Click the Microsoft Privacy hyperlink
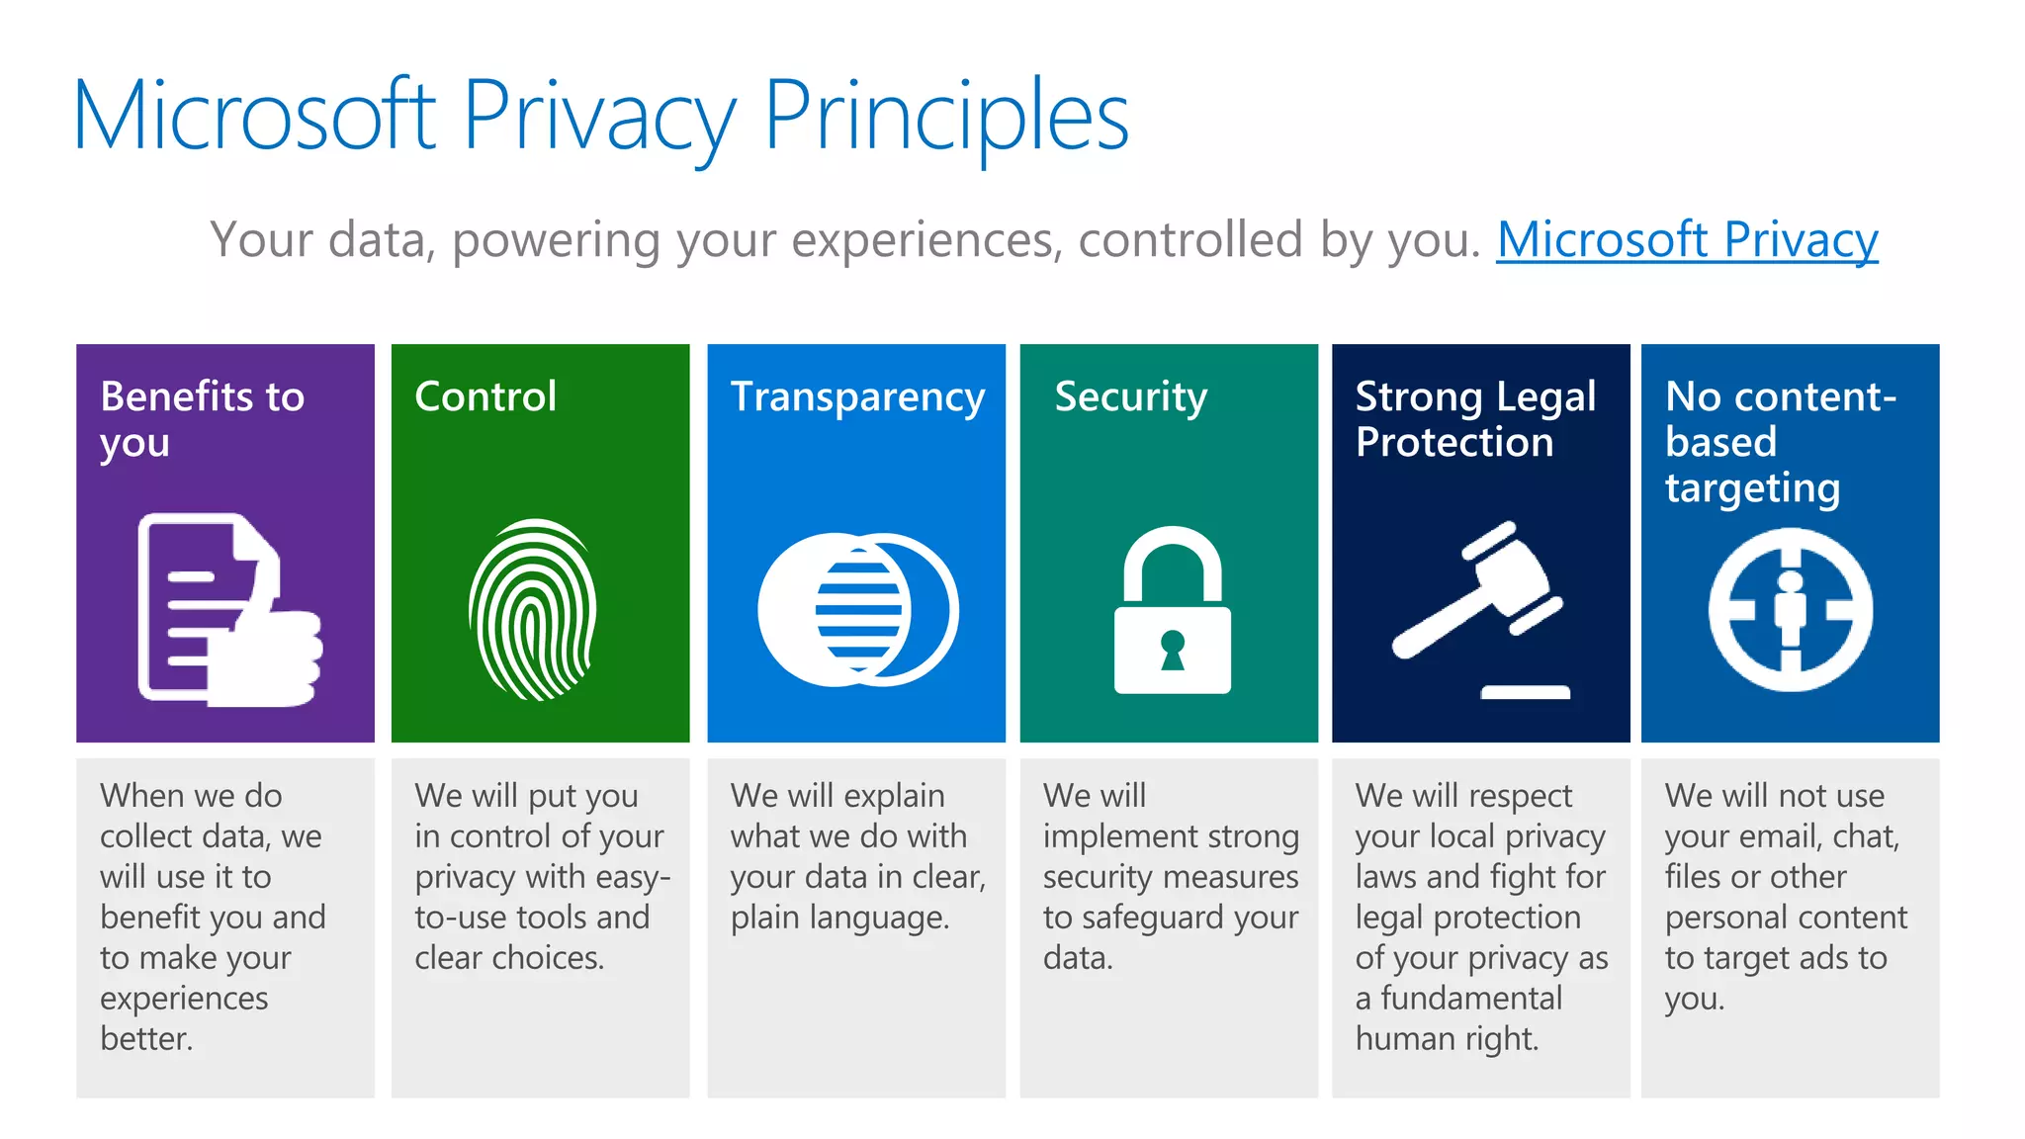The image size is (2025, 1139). click(x=1687, y=240)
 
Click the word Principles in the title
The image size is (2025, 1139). click(x=946, y=118)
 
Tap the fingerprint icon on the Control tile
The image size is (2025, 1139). click(x=534, y=609)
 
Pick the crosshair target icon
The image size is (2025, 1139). click(x=1790, y=609)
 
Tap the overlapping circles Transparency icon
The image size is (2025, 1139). click(x=857, y=609)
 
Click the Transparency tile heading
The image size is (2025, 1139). click(x=857, y=397)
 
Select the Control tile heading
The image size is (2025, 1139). click(x=485, y=396)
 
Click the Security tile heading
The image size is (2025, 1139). click(x=1130, y=397)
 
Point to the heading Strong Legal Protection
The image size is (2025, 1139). click(x=1475, y=419)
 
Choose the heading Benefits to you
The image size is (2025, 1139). click(x=202, y=419)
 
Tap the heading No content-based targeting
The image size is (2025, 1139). click(x=1780, y=442)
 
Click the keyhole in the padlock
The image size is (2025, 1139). click(x=1173, y=650)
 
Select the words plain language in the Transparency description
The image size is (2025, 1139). click(x=839, y=919)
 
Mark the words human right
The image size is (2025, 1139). click(x=1447, y=1039)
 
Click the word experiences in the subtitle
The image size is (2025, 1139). click(x=926, y=240)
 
